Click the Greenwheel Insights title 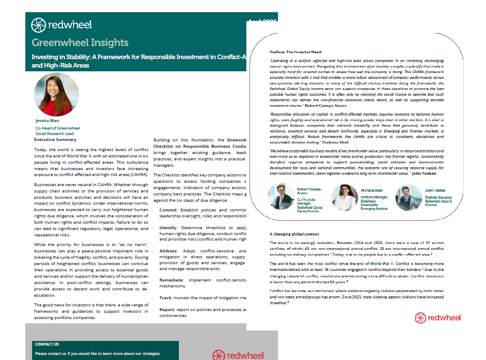point(80,43)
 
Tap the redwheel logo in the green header point(62,25)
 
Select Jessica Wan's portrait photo point(56,95)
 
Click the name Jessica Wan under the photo point(47,121)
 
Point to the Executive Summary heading point(55,139)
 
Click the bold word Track point(166,298)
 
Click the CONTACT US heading point(47,344)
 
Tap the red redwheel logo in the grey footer point(238,355)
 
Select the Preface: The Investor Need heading point(295,52)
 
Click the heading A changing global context point(294,234)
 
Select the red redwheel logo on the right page point(437,318)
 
